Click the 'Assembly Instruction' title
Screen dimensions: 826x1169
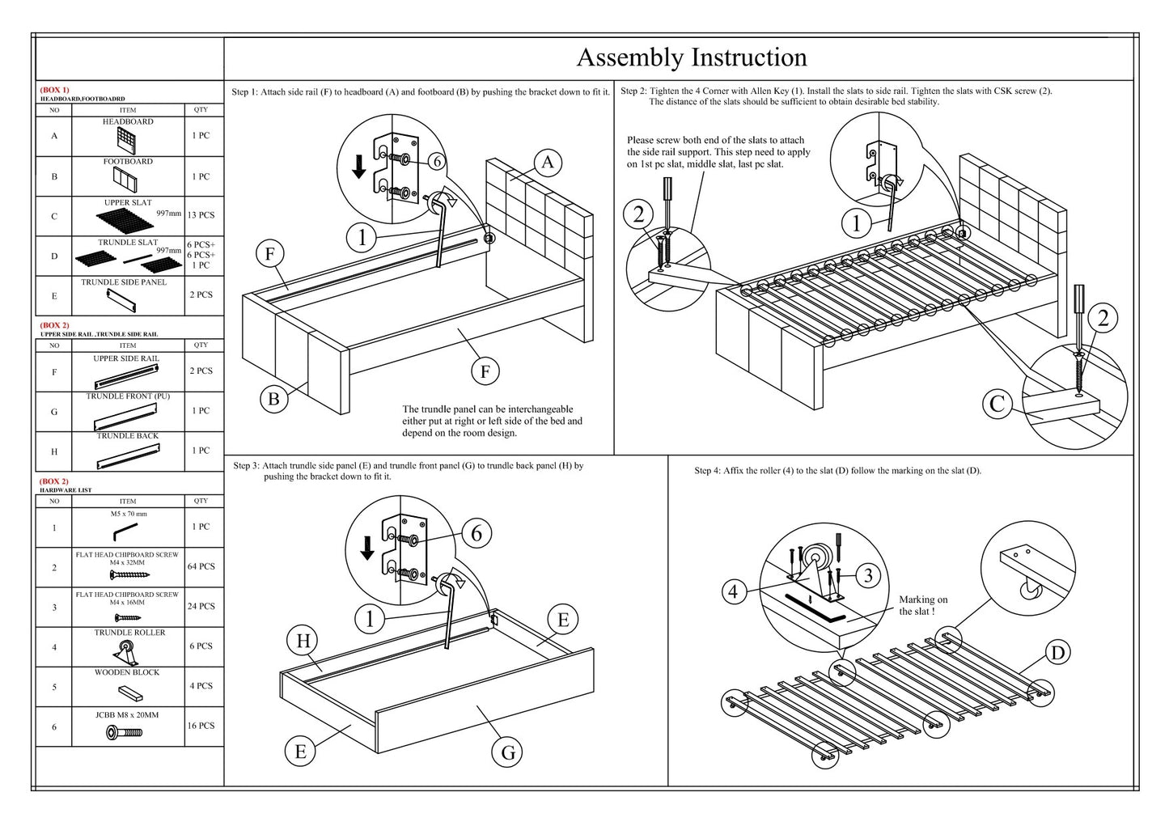(x=691, y=57)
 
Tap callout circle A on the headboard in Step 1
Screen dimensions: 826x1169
(x=548, y=163)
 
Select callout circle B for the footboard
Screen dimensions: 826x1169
(x=273, y=399)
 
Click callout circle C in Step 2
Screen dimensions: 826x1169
(x=997, y=404)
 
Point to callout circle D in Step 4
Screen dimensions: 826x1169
(x=1057, y=652)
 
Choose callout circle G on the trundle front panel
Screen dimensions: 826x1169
(x=508, y=752)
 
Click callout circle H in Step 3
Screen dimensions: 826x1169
(x=303, y=642)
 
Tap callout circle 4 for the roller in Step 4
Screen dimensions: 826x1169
(x=733, y=591)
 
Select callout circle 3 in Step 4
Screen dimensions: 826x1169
(x=868, y=575)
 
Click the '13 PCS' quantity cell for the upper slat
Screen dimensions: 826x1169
(x=201, y=215)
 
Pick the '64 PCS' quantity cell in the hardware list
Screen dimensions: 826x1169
(x=201, y=566)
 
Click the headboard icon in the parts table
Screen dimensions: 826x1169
(x=127, y=141)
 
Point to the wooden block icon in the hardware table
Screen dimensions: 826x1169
(x=129, y=692)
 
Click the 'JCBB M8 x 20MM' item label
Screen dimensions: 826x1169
(x=127, y=715)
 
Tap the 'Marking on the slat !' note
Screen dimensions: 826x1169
(x=922, y=605)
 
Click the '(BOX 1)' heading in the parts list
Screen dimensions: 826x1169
(x=55, y=90)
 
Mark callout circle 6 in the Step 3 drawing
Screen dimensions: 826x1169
(x=476, y=533)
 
